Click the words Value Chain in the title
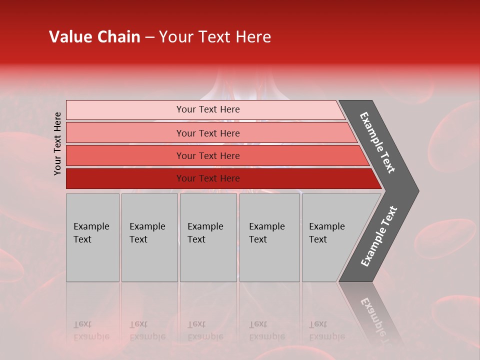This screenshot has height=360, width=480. (x=94, y=37)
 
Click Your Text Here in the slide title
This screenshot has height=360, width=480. (x=215, y=37)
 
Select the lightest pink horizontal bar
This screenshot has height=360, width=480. (x=125, y=110)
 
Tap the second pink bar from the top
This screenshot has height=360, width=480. (x=125, y=133)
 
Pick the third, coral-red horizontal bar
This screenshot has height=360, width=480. (x=125, y=155)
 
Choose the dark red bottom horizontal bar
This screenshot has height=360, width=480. (x=125, y=178)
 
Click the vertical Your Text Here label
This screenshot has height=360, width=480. (x=58, y=143)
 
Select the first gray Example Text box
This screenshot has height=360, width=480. (x=92, y=237)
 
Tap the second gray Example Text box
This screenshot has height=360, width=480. (x=149, y=237)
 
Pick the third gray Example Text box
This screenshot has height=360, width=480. (x=208, y=237)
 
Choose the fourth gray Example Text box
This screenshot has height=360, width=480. (x=269, y=237)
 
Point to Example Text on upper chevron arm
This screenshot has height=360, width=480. (x=378, y=142)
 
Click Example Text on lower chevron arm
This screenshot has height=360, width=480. (x=379, y=236)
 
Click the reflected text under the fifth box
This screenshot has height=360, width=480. (x=326, y=331)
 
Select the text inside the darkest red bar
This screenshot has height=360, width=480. (x=208, y=178)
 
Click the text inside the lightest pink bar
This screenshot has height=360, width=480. (x=208, y=109)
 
